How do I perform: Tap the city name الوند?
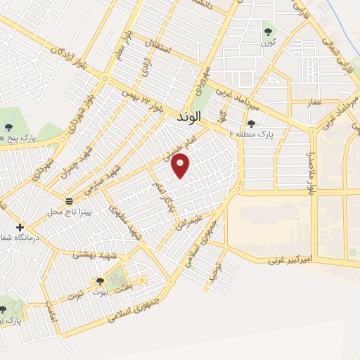pos(187,116)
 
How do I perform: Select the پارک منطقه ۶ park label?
pos(274,132)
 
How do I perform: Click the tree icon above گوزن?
pos(267,31)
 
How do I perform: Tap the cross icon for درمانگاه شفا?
pos(20,227)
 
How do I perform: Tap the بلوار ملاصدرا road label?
pos(309,173)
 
